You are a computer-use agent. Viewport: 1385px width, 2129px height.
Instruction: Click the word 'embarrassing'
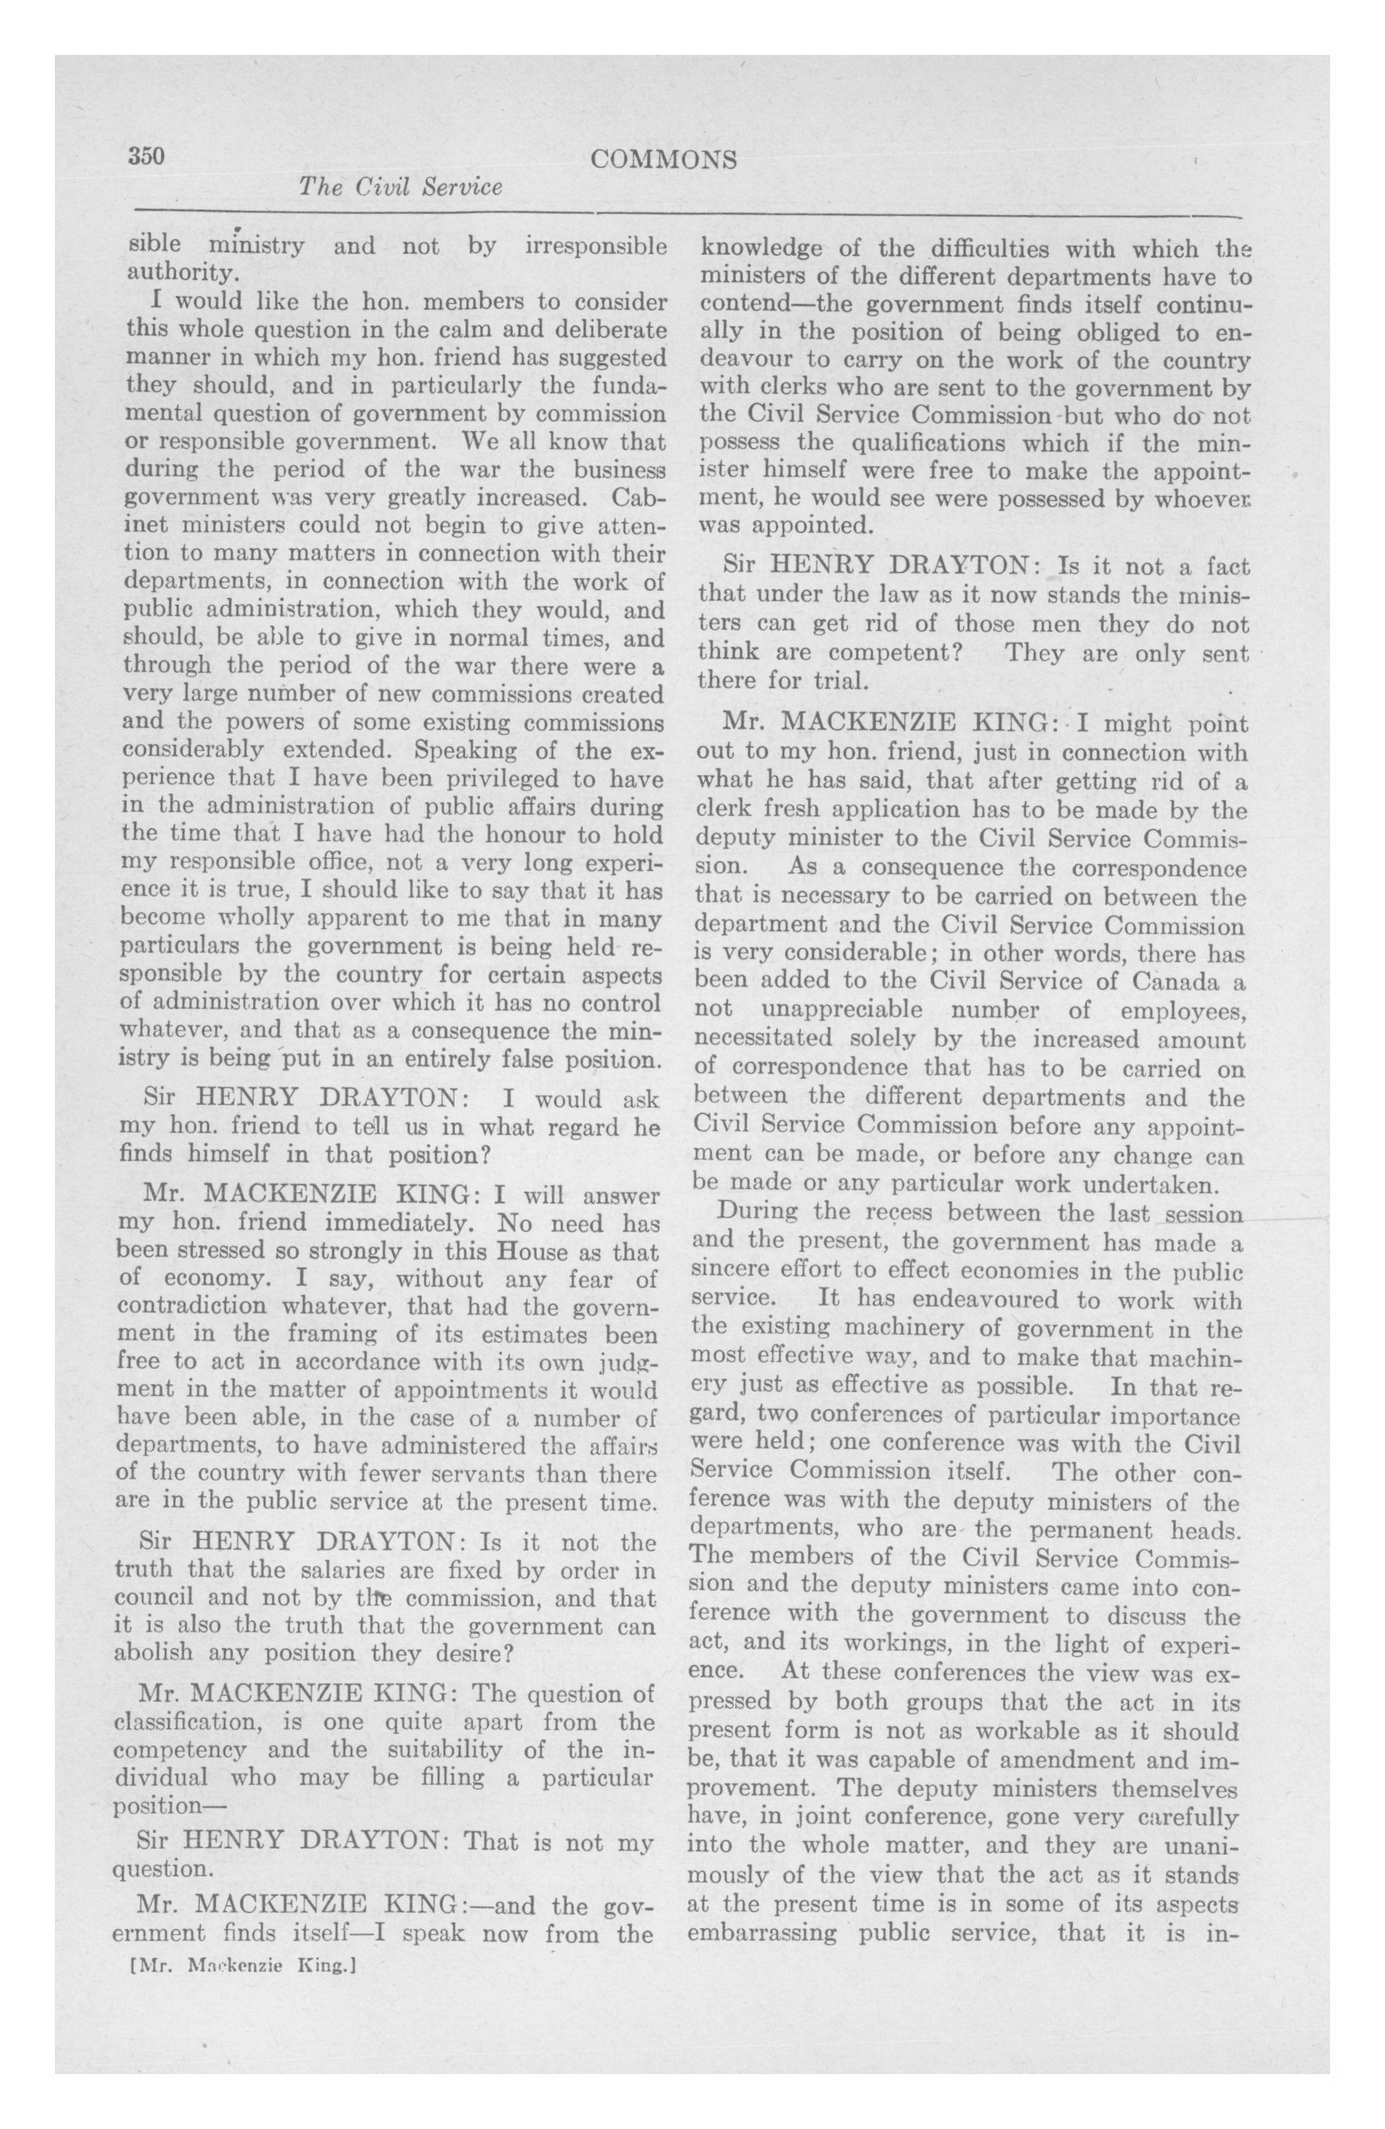762,1932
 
